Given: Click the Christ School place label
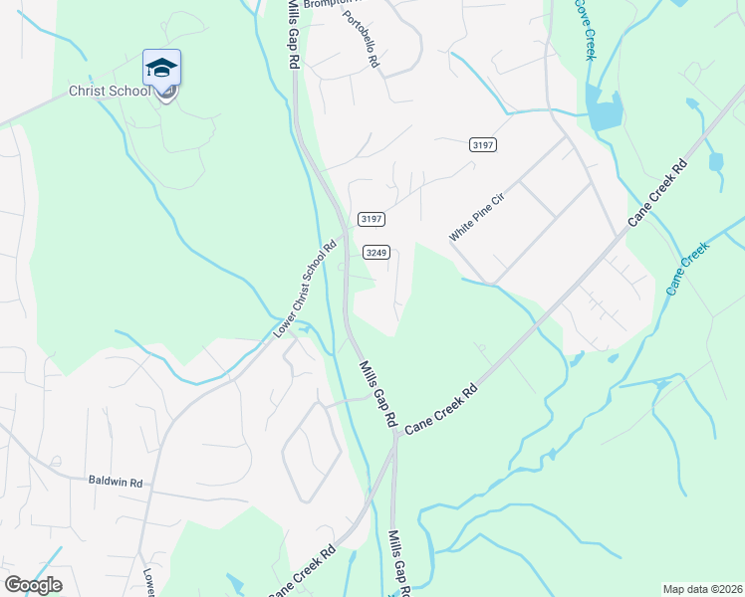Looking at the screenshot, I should [109, 91].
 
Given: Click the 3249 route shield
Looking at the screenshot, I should [375, 252].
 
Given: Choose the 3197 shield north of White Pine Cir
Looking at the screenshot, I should [483, 144].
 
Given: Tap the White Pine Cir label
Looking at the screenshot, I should [478, 218].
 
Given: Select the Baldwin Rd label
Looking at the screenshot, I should [116, 483].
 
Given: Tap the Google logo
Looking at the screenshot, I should [34, 585].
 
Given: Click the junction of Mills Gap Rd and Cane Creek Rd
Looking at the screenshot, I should [395, 434].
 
